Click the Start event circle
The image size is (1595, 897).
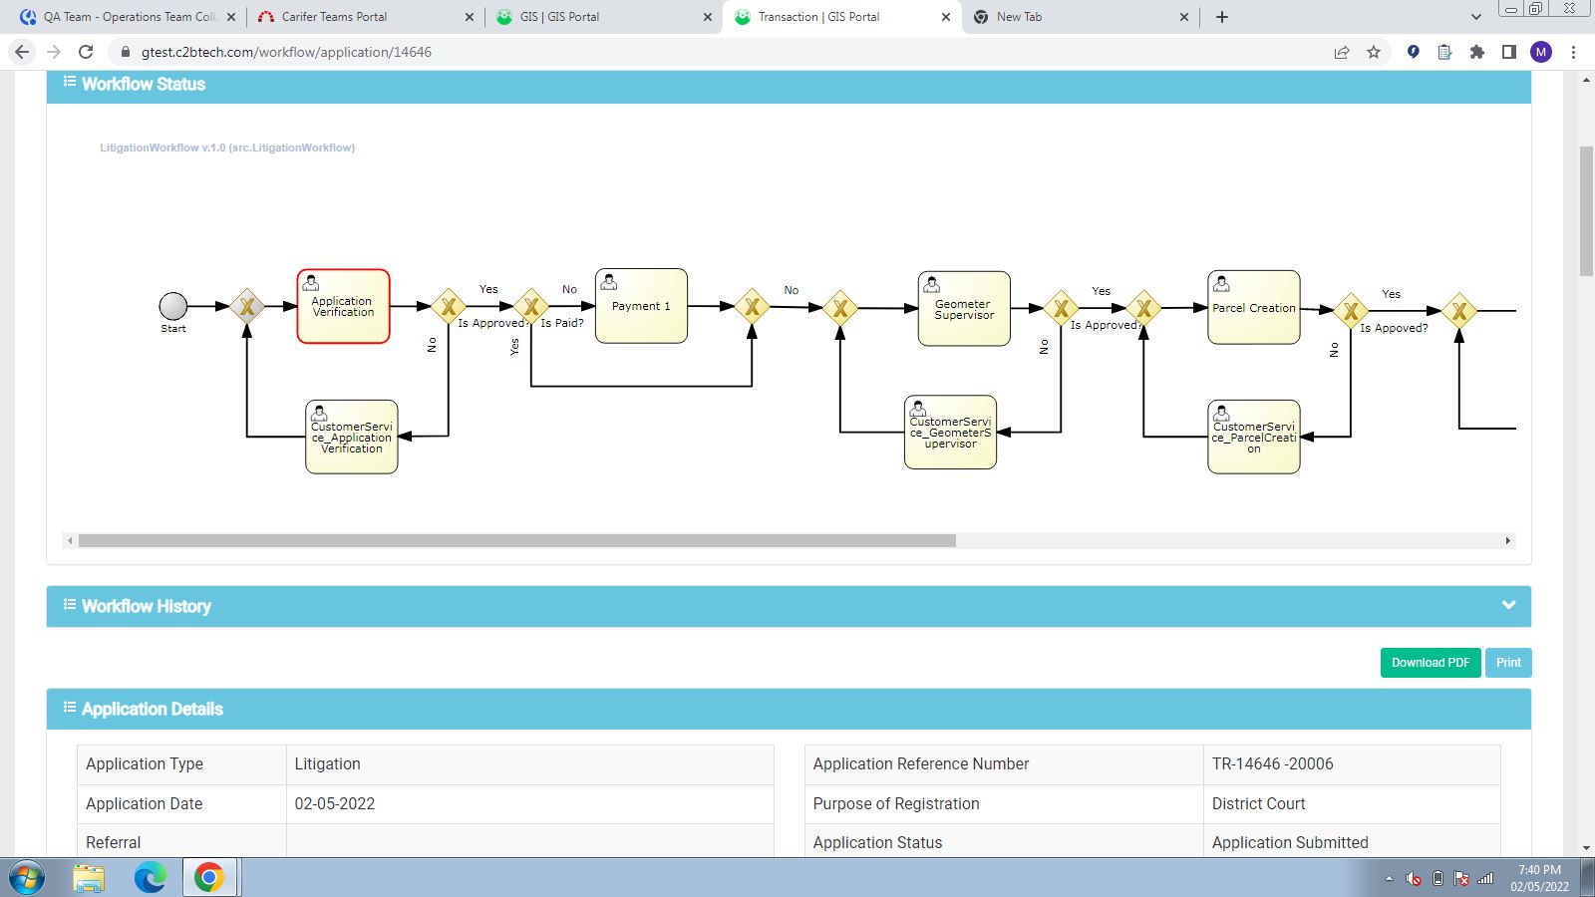[173, 306]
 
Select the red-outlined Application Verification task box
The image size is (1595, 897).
[343, 306]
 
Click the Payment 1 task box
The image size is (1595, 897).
[641, 306]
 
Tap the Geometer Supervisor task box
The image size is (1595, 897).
[964, 309]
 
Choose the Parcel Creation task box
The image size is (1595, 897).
[1254, 308]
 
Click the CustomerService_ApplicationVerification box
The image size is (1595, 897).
[352, 438]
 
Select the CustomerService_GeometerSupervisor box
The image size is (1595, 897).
[951, 433]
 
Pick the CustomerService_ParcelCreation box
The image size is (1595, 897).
[1254, 438]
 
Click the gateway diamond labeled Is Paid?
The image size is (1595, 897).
[531, 307]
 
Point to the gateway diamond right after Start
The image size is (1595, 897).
[247, 307]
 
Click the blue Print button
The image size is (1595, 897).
[1508, 663]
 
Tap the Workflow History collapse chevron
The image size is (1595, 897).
[1508, 605]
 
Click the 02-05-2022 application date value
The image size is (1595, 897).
[335, 803]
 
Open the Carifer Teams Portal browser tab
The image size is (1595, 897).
[334, 16]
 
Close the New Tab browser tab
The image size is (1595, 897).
[1184, 17]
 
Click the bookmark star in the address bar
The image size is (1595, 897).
[1374, 52]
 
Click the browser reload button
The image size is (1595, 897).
[86, 52]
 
